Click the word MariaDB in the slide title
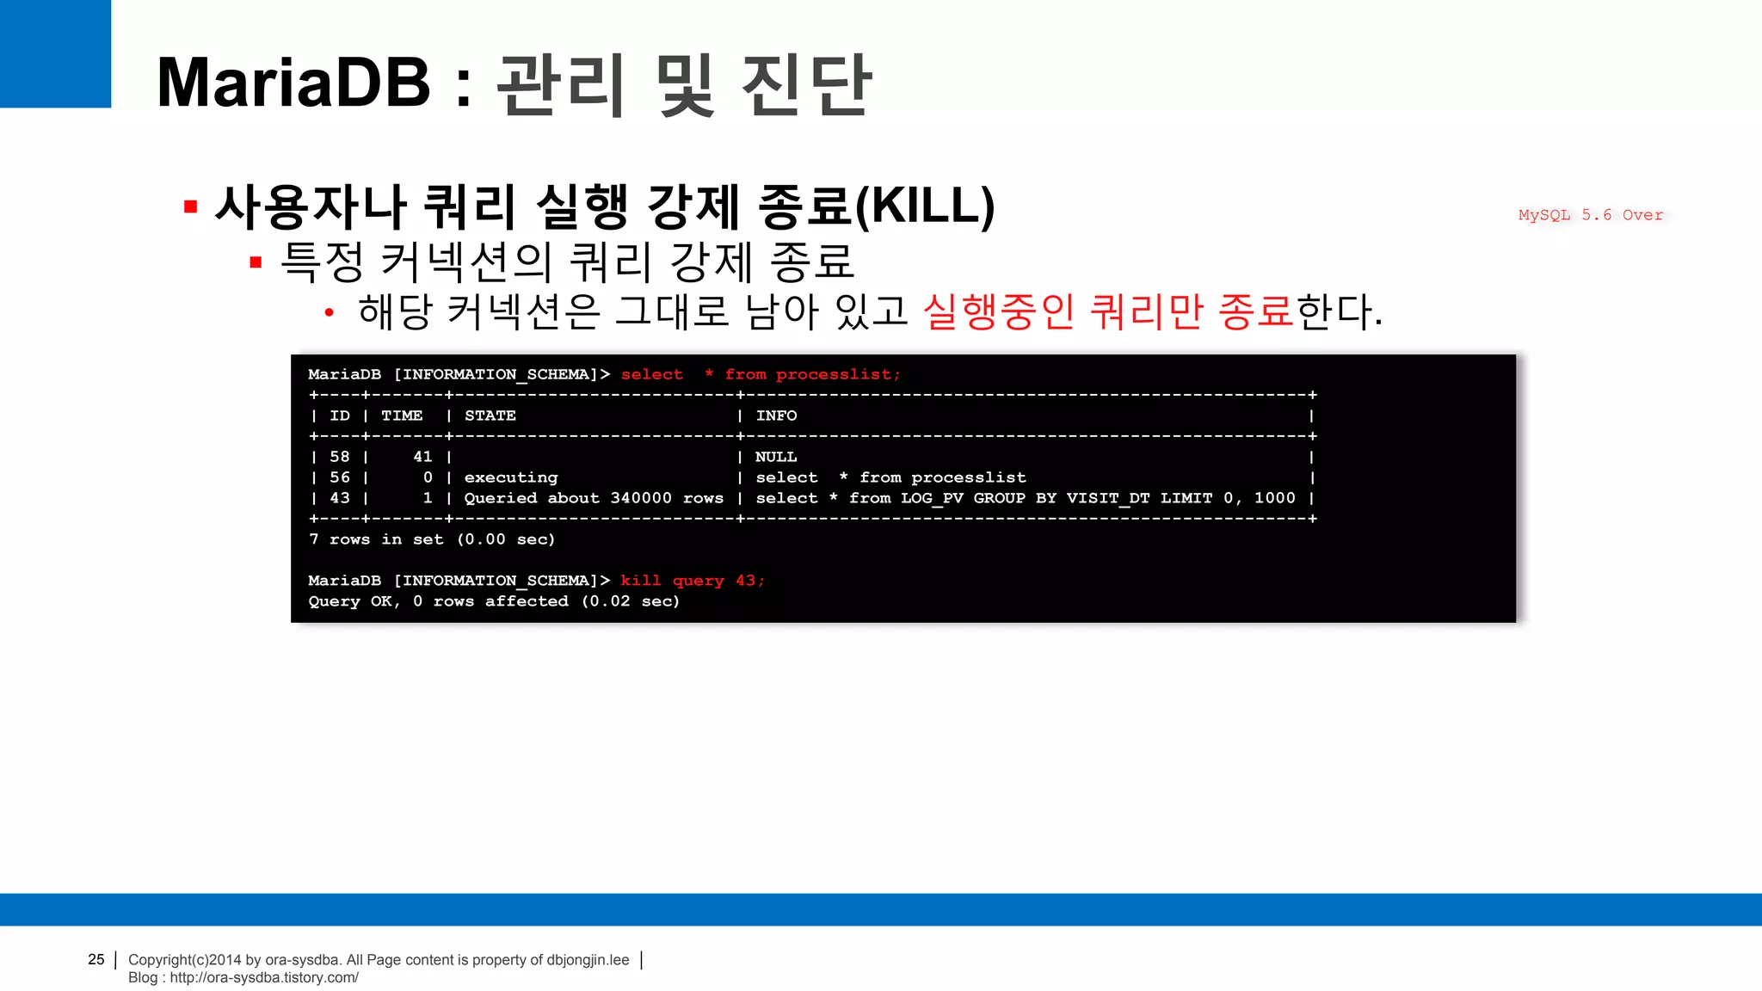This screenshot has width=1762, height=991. [x=293, y=83]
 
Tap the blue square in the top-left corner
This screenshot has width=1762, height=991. [x=55, y=53]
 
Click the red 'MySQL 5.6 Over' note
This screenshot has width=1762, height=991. [x=1590, y=215]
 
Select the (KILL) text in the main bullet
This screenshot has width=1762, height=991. [x=925, y=206]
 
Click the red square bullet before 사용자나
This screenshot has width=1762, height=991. [x=191, y=207]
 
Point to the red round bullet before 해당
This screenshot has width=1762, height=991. [x=329, y=313]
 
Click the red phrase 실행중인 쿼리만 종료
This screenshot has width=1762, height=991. [x=1108, y=311]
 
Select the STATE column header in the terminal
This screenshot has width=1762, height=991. [x=490, y=415]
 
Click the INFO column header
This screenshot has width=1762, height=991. [x=776, y=415]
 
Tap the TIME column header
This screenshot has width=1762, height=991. [x=402, y=415]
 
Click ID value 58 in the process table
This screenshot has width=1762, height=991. [x=340, y=457]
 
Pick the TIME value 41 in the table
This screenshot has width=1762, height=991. [x=422, y=457]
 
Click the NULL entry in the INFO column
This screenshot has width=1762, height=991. [x=776, y=457]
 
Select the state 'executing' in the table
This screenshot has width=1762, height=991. [x=511, y=477]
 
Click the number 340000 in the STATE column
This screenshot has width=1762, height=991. [x=641, y=498]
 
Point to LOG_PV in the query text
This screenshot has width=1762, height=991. [x=932, y=498]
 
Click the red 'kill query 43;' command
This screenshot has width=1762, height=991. [x=693, y=581]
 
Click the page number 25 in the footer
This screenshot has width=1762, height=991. [x=96, y=959]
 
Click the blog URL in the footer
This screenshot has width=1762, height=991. [x=263, y=977]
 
